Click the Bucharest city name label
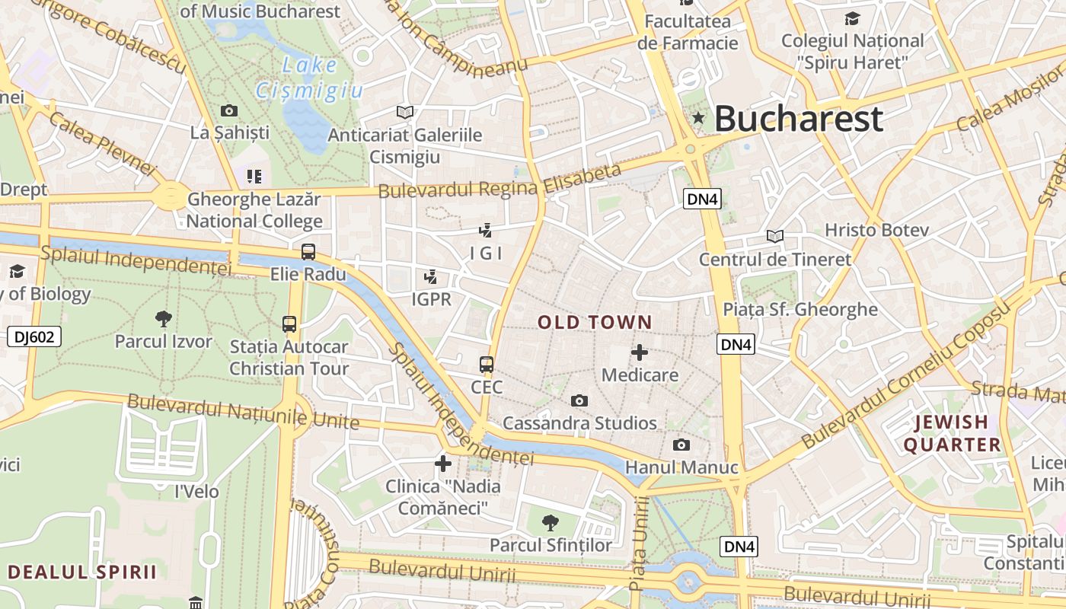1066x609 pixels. (x=798, y=119)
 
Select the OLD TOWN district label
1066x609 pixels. (x=595, y=322)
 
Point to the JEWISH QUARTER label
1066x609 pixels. (x=952, y=433)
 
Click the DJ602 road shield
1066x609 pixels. (x=34, y=336)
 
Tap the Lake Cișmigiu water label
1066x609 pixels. (x=309, y=78)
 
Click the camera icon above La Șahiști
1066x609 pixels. (x=228, y=111)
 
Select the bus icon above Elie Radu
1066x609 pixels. (x=308, y=252)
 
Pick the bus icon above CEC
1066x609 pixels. (x=487, y=365)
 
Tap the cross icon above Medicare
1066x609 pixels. (x=640, y=352)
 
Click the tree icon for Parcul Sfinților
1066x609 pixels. (x=550, y=523)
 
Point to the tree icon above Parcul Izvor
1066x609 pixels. (x=163, y=319)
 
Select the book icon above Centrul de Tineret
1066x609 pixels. (x=774, y=237)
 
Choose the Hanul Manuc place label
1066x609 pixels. (x=681, y=467)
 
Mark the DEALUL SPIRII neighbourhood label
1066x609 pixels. (x=82, y=572)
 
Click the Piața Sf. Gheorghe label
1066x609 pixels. (x=799, y=310)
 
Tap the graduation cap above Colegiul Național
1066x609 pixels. (x=852, y=18)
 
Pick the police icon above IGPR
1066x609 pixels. (x=431, y=277)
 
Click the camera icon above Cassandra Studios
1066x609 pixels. (x=579, y=400)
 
